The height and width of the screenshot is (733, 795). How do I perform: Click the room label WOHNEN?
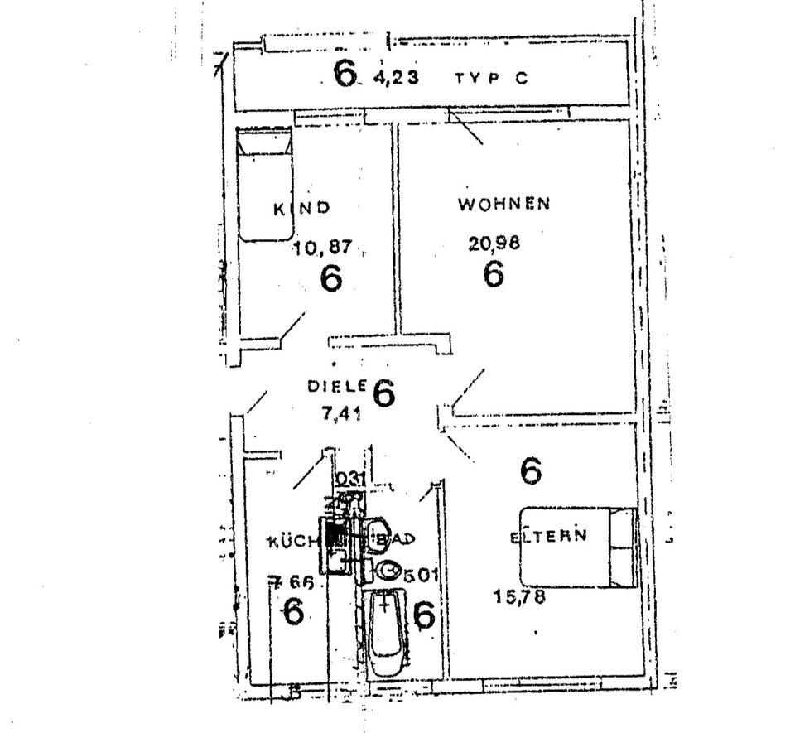(503, 204)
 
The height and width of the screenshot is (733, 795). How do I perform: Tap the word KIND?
(301, 209)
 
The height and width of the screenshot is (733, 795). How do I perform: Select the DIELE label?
(336, 386)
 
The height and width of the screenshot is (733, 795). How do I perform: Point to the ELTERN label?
(549, 536)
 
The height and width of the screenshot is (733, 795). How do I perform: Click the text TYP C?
(490, 79)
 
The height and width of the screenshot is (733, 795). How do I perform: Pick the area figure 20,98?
(495, 243)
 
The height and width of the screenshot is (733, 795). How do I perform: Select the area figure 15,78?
(519, 596)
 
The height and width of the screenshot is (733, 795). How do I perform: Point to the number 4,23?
(396, 79)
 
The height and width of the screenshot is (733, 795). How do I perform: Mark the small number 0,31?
(350, 478)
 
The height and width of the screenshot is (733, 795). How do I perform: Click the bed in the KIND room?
(266, 184)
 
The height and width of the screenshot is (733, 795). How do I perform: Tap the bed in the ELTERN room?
(578, 547)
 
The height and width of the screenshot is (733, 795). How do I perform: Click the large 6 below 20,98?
(494, 274)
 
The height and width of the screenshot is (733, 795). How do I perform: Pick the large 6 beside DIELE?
(383, 393)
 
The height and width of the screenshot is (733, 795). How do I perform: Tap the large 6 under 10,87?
(330, 278)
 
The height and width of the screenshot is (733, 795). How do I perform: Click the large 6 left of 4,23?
(344, 74)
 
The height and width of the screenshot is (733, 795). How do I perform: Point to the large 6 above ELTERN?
(531, 470)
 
